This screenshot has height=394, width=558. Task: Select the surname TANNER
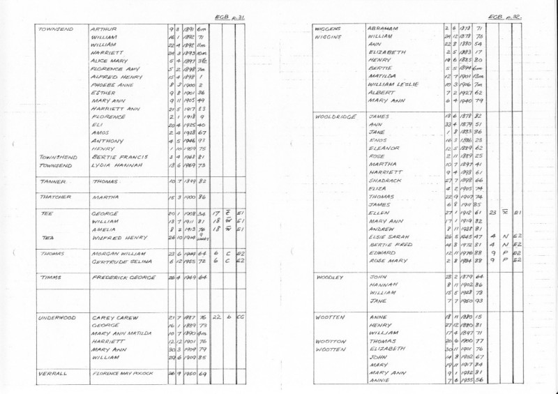pos(53,181)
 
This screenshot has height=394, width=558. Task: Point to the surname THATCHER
pos(56,197)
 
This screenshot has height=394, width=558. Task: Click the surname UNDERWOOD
pos(59,316)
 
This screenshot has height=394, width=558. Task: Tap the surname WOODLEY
pos(331,277)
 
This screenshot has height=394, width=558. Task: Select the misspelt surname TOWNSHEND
pos(58,158)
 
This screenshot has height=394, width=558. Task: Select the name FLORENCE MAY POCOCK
pos(121,374)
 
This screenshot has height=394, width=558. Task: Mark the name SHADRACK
pos(384,180)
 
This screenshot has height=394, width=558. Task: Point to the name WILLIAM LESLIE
pos(392,84)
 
